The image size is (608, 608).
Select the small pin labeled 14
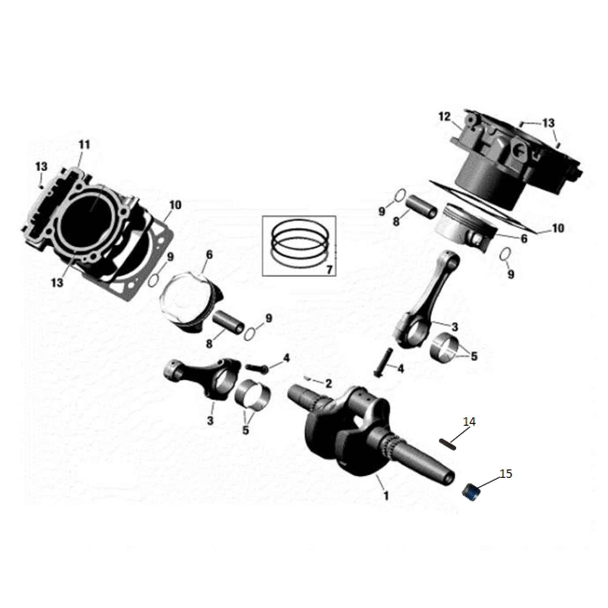click(448, 444)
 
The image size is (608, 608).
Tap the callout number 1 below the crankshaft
click(386, 495)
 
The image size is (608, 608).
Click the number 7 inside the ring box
click(329, 269)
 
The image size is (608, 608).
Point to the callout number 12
click(444, 117)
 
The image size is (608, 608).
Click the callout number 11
click(84, 144)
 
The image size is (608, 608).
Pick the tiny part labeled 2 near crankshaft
click(308, 378)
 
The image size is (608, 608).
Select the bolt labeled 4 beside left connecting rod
click(257, 368)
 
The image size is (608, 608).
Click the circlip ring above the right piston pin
click(400, 195)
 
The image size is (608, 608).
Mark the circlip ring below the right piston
click(504, 255)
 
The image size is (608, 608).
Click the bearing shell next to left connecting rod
click(253, 394)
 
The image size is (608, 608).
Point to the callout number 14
click(469, 422)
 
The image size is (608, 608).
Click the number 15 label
click(505, 473)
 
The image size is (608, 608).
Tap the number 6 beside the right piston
click(524, 239)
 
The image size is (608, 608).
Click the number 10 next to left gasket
click(175, 205)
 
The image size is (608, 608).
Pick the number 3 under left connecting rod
click(210, 420)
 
